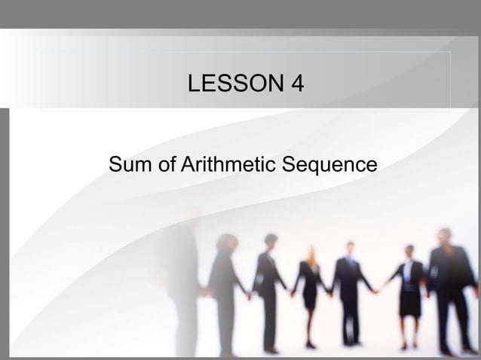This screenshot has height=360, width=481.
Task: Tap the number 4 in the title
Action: (297, 83)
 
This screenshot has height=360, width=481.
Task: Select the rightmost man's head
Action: (445, 236)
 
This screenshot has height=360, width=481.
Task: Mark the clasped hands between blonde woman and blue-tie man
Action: (329, 294)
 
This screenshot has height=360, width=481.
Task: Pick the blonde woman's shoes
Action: (309, 344)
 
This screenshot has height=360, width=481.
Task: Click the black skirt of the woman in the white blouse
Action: (409, 301)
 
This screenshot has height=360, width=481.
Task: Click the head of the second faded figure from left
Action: (225, 243)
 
